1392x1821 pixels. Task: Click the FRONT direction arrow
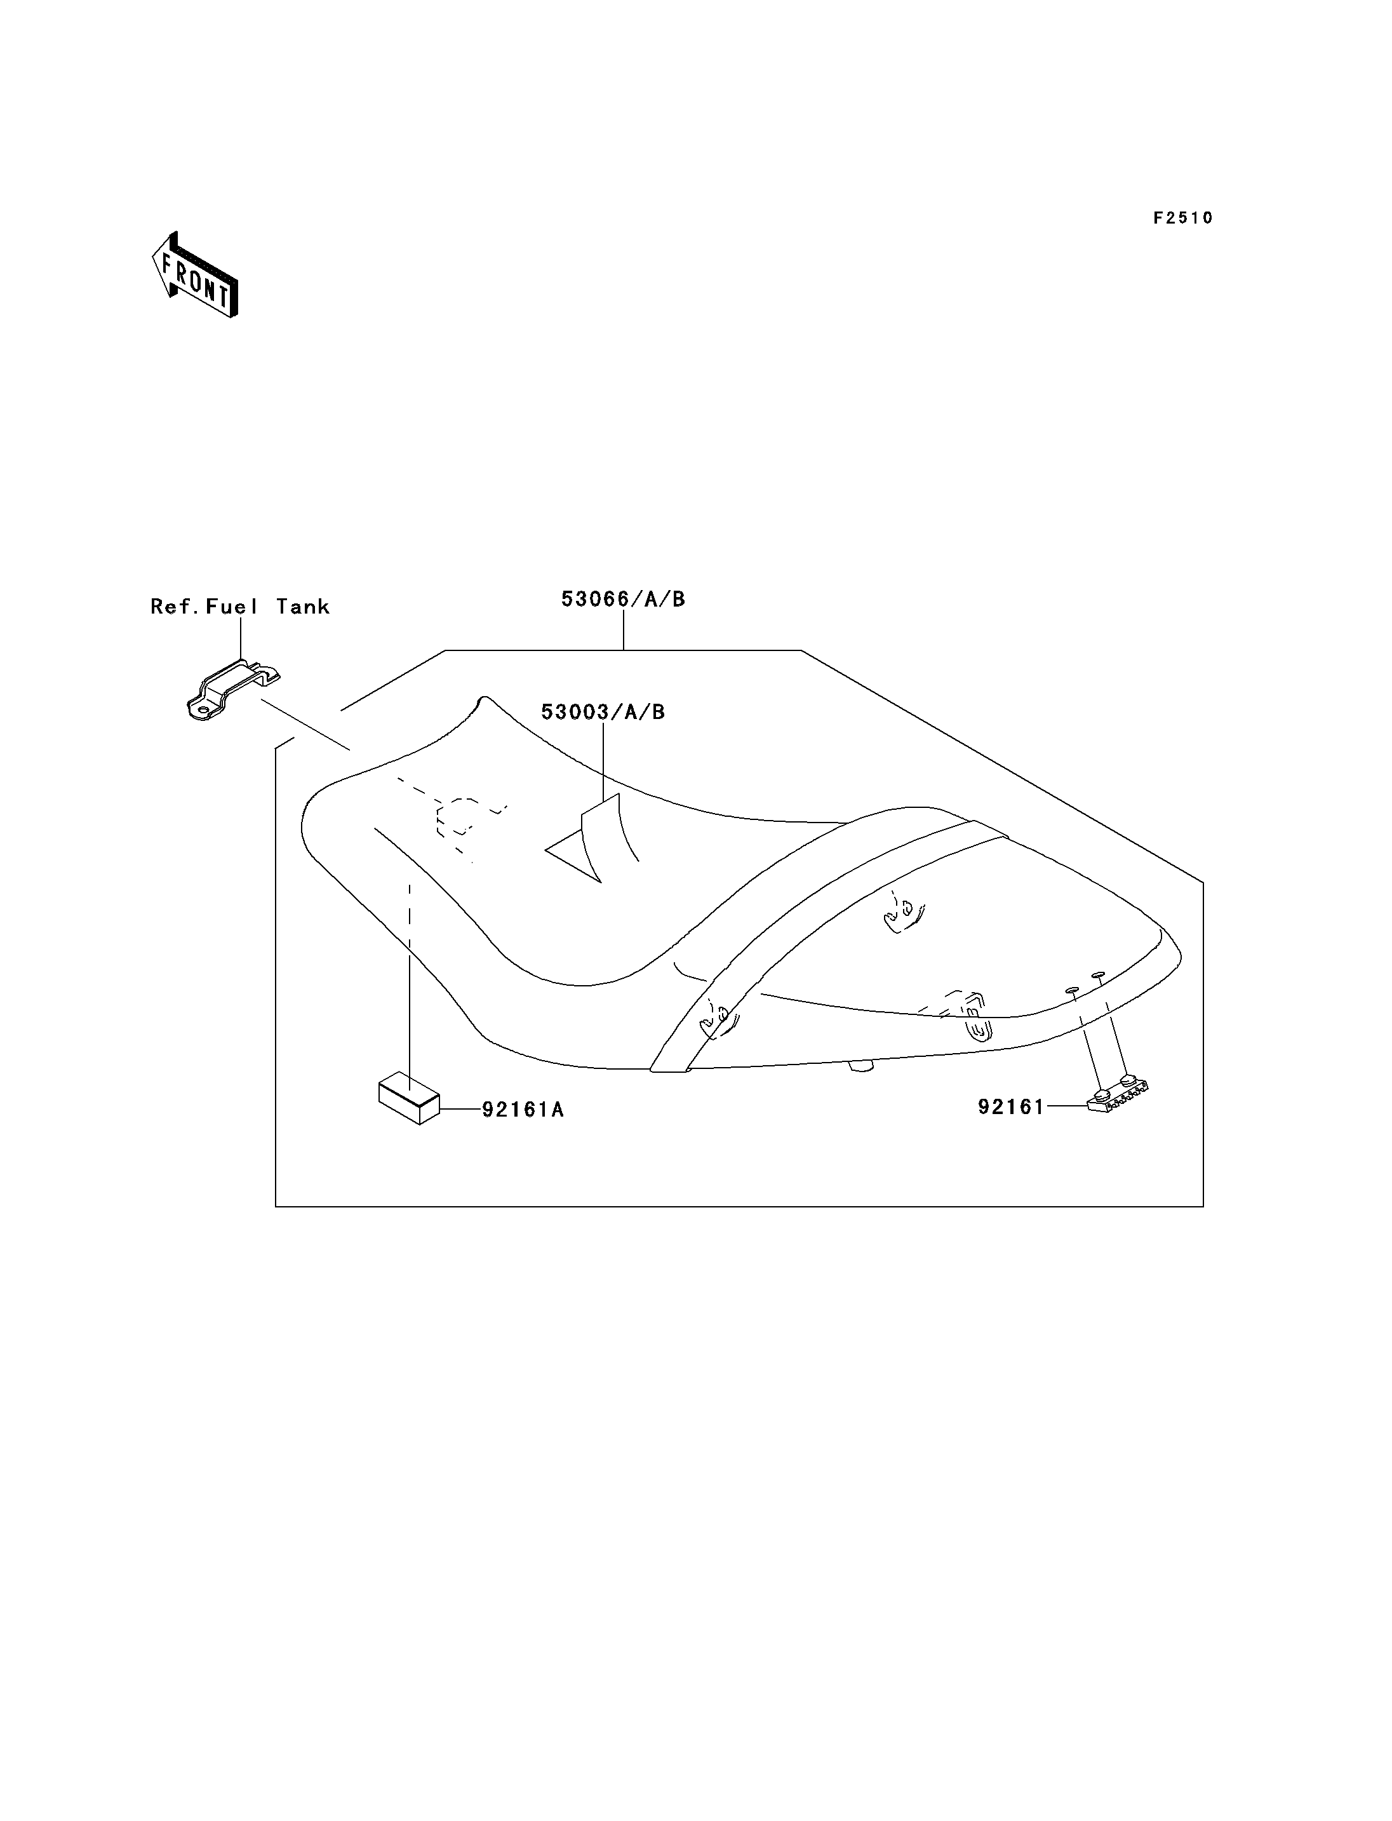point(196,275)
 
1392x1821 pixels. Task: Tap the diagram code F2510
point(1183,218)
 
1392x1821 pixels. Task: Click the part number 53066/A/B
point(623,599)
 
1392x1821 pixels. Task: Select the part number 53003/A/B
point(603,712)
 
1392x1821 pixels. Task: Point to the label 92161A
point(523,1110)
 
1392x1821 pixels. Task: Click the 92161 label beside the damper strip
point(1011,1107)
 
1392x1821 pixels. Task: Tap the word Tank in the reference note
point(304,607)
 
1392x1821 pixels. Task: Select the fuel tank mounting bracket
point(232,690)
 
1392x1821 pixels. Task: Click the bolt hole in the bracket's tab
point(201,709)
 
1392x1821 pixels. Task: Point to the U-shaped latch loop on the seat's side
point(979,1028)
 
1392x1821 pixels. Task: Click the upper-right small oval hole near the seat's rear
point(1099,975)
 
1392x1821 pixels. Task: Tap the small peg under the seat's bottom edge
point(862,1066)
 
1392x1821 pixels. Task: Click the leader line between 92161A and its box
point(460,1109)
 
